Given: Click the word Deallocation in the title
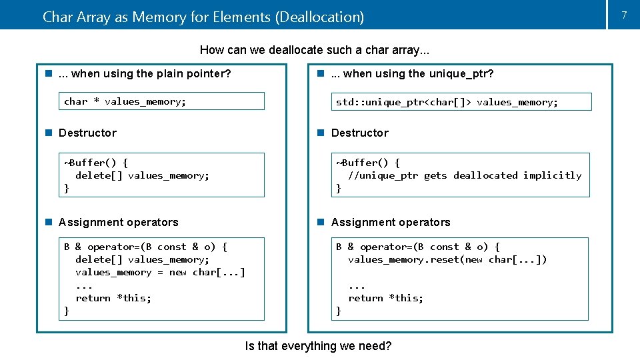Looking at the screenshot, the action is click(319, 17).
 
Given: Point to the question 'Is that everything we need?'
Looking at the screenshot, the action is click(318, 346).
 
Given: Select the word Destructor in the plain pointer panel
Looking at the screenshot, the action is click(87, 133).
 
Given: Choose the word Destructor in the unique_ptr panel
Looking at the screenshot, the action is click(359, 133).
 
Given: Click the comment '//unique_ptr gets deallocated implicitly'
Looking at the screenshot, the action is click(465, 175).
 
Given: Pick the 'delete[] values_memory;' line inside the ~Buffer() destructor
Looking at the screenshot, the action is click(142, 175).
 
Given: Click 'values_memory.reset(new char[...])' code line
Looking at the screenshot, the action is click(447, 259).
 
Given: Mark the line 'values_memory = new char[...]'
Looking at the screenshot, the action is click(160, 272).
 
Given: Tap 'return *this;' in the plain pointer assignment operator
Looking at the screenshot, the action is click(113, 298).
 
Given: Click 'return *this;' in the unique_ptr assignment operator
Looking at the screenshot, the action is click(385, 298).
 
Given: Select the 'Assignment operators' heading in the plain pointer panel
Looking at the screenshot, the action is click(118, 222).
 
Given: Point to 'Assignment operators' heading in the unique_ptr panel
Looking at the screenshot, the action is click(391, 222).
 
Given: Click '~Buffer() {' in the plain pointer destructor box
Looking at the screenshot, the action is click(95, 163).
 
